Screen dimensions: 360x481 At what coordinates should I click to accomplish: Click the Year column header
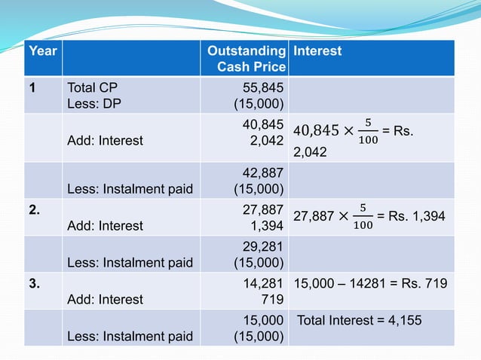tap(42, 51)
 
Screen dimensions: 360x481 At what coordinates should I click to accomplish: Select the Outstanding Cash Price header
tap(247, 59)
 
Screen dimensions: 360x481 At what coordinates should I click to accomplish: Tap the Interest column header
tap(317, 51)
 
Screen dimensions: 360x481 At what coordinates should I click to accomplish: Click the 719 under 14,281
tap(273, 299)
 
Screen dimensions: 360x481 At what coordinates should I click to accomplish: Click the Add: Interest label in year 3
tap(106, 299)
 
